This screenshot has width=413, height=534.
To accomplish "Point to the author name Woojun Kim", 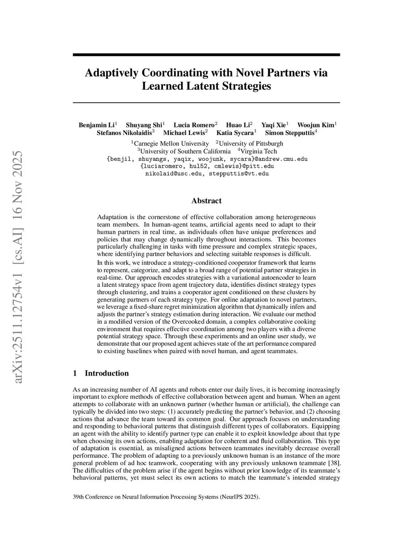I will (x=315, y=125).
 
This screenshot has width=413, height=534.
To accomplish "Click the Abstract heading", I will (x=206, y=201).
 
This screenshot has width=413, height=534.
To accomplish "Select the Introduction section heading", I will (x=106, y=373).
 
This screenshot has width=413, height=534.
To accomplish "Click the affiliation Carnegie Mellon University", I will (x=171, y=143).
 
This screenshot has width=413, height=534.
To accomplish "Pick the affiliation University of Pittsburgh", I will (x=251, y=143).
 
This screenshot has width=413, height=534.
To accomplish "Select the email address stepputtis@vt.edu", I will (x=239, y=174).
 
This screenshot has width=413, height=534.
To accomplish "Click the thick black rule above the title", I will (x=206, y=54).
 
